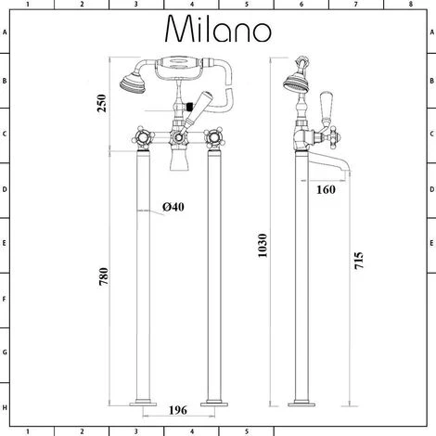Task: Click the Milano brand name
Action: click(218, 31)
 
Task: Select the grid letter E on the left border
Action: click(6, 246)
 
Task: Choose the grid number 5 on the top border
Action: click(246, 6)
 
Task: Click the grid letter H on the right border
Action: click(430, 407)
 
